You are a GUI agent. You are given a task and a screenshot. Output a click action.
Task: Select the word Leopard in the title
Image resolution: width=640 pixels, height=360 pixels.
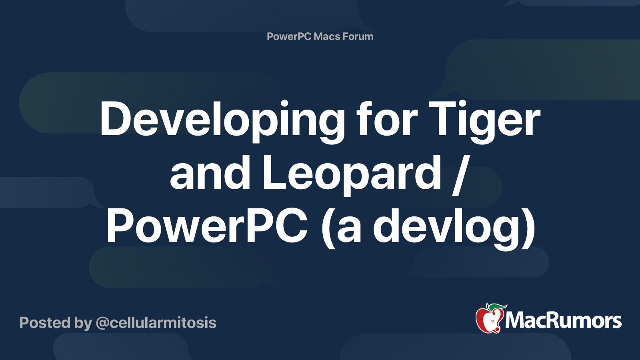coord(352,173)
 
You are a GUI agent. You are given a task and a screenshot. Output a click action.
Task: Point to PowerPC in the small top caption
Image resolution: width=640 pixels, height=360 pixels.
coord(289,36)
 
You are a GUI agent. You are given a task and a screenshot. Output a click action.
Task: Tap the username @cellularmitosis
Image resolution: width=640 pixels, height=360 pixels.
coord(156,323)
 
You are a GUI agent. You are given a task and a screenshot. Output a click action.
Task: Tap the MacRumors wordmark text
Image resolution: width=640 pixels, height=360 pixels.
coord(563,320)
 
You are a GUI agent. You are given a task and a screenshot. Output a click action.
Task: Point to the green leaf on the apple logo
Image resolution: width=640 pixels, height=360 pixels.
coord(497,307)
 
